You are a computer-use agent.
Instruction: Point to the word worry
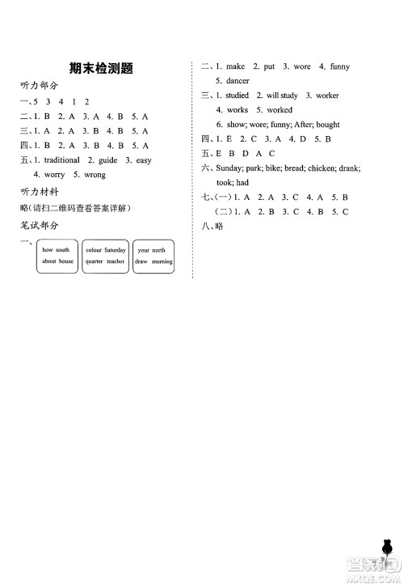[x=55, y=175]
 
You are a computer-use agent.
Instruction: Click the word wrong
[x=95, y=175]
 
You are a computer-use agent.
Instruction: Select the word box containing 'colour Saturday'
[x=105, y=257]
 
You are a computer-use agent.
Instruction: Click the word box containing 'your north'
[x=153, y=257]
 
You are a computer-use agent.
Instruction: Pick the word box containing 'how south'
[x=57, y=257]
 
